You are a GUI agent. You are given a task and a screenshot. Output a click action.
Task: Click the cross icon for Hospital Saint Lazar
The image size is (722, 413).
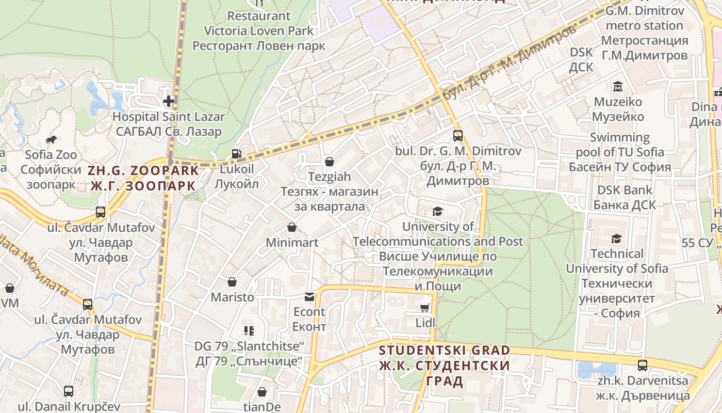(x=169, y=101)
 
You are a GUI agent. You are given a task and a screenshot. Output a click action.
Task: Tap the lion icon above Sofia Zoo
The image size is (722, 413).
(x=51, y=139)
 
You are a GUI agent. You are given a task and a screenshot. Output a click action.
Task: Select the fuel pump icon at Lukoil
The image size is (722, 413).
(x=236, y=153)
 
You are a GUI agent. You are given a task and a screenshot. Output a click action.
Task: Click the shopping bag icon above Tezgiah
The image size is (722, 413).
(x=329, y=162)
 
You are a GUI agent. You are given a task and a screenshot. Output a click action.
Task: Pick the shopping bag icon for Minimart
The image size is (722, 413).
(x=292, y=227)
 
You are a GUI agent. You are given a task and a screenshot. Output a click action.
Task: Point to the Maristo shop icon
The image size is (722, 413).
(x=232, y=282)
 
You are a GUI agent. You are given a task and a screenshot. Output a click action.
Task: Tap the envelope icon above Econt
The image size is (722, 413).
(x=309, y=297)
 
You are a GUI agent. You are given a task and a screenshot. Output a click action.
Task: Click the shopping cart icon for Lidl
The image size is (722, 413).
(x=425, y=308)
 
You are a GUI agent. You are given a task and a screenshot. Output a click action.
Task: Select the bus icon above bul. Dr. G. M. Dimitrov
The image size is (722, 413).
(x=457, y=136)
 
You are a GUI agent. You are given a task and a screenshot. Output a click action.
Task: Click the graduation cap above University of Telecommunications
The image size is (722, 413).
(x=437, y=211)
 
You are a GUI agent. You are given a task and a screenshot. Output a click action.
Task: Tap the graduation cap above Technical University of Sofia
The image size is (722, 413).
(x=616, y=239)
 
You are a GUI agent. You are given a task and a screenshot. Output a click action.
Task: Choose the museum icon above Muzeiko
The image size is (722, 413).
(x=617, y=86)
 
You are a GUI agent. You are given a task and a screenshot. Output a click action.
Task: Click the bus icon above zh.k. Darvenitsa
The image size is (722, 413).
(x=642, y=366)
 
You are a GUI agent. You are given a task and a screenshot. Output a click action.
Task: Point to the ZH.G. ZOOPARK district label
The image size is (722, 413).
(x=143, y=178)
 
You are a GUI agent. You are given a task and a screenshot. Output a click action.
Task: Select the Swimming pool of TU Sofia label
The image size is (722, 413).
(x=619, y=152)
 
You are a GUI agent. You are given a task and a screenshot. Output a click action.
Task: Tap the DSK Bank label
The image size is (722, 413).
(x=624, y=197)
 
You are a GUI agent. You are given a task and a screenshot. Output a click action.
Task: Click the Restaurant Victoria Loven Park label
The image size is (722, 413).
(x=259, y=30)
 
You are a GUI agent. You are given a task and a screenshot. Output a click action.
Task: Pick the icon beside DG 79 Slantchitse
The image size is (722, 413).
(x=249, y=330)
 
